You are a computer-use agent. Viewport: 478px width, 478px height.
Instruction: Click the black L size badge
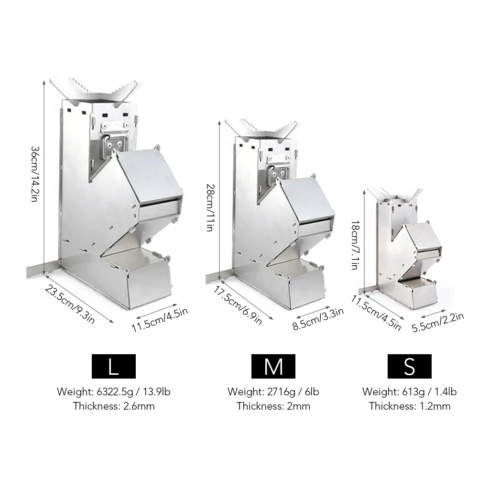[x=113, y=367]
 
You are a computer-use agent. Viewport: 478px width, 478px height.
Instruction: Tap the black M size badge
[x=273, y=367]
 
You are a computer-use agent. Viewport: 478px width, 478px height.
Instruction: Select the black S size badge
[x=409, y=367]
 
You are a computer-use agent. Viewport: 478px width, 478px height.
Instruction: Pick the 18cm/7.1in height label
[x=354, y=245]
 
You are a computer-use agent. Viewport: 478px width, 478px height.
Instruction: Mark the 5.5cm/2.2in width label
[x=437, y=322]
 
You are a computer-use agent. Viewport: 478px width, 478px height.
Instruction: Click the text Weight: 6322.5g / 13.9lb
[x=114, y=392]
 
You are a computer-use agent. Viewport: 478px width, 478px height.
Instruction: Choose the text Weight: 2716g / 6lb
[x=273, y=392]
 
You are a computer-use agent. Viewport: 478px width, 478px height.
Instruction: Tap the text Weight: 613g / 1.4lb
[x=410, y=392]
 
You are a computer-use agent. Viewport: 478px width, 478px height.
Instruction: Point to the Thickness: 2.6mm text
[x=114, y=406]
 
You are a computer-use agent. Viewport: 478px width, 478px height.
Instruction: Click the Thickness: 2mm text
[x=273, y=406]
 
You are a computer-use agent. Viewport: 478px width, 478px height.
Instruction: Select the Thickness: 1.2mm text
[x=410, y=406]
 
